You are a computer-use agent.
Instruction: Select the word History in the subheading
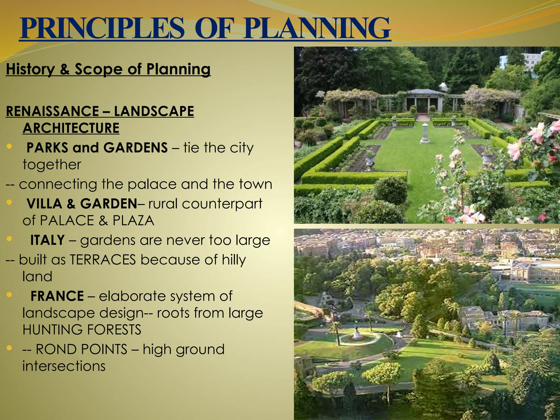tap(30, 69)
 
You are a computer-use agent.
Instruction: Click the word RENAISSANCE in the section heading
tap(52, 111)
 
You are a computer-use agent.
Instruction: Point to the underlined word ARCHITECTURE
tap(71, 128)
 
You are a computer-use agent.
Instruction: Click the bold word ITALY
tap(47, 240)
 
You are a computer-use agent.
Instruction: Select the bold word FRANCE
tap(57, 296)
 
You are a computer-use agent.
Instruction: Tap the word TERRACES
tap(103, 259)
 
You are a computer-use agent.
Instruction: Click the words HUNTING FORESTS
tap(82, 329)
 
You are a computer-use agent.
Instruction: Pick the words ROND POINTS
tap(81, 349)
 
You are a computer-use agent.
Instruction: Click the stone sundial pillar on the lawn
tap(425, 133)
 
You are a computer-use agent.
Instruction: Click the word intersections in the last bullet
tap(64, 366)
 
